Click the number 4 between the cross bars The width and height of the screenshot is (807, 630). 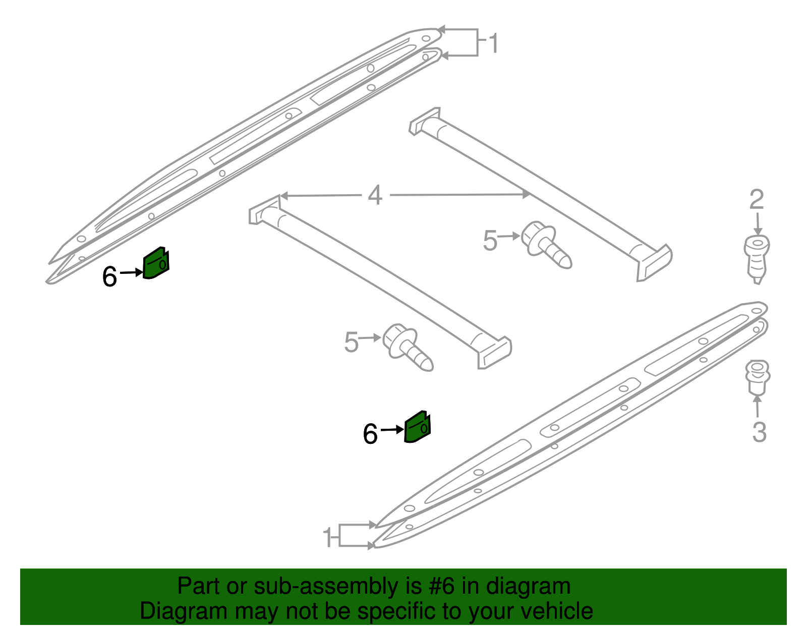click(x=375, y=195)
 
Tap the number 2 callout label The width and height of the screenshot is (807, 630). click(x=757, y=199)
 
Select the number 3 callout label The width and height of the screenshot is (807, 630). click(x=759, y=432)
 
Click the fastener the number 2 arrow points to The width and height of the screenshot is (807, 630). click(x=757, y=259)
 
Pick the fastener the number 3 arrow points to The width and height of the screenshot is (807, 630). click(x=757, y=377)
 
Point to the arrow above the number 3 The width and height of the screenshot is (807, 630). click(x=757, y=407)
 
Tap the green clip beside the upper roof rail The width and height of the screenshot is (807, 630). click(x=156, y=262)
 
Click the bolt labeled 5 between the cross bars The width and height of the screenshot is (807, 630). click(x=545, y=244)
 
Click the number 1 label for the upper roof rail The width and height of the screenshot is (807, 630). click(x=493, y=43)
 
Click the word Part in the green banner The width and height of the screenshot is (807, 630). click(x=193, y=586)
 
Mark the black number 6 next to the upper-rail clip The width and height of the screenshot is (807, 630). click(x=109, y=276)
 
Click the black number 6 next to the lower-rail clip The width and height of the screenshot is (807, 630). click(x=370, y=434)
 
